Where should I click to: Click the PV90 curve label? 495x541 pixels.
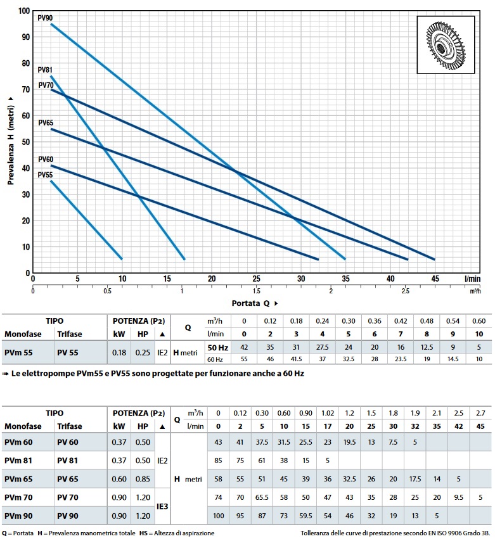click(45, 17)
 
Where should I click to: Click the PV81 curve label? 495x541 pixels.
click(45, 70)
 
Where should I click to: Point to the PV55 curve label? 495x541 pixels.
click(45, 175)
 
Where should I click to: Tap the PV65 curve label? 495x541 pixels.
click(45, 122)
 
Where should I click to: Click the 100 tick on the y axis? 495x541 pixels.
click(23, 11)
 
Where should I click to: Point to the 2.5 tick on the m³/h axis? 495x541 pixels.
click(405, 291)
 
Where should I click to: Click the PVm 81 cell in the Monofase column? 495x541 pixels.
click(18, 459)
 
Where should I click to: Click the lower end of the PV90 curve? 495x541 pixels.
click(345, 259)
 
